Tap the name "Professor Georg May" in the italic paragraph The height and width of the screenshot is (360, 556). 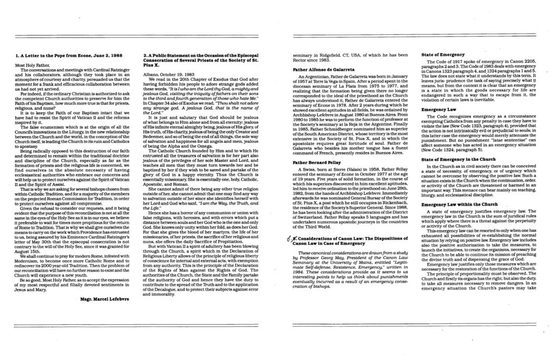tap(326, 257)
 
